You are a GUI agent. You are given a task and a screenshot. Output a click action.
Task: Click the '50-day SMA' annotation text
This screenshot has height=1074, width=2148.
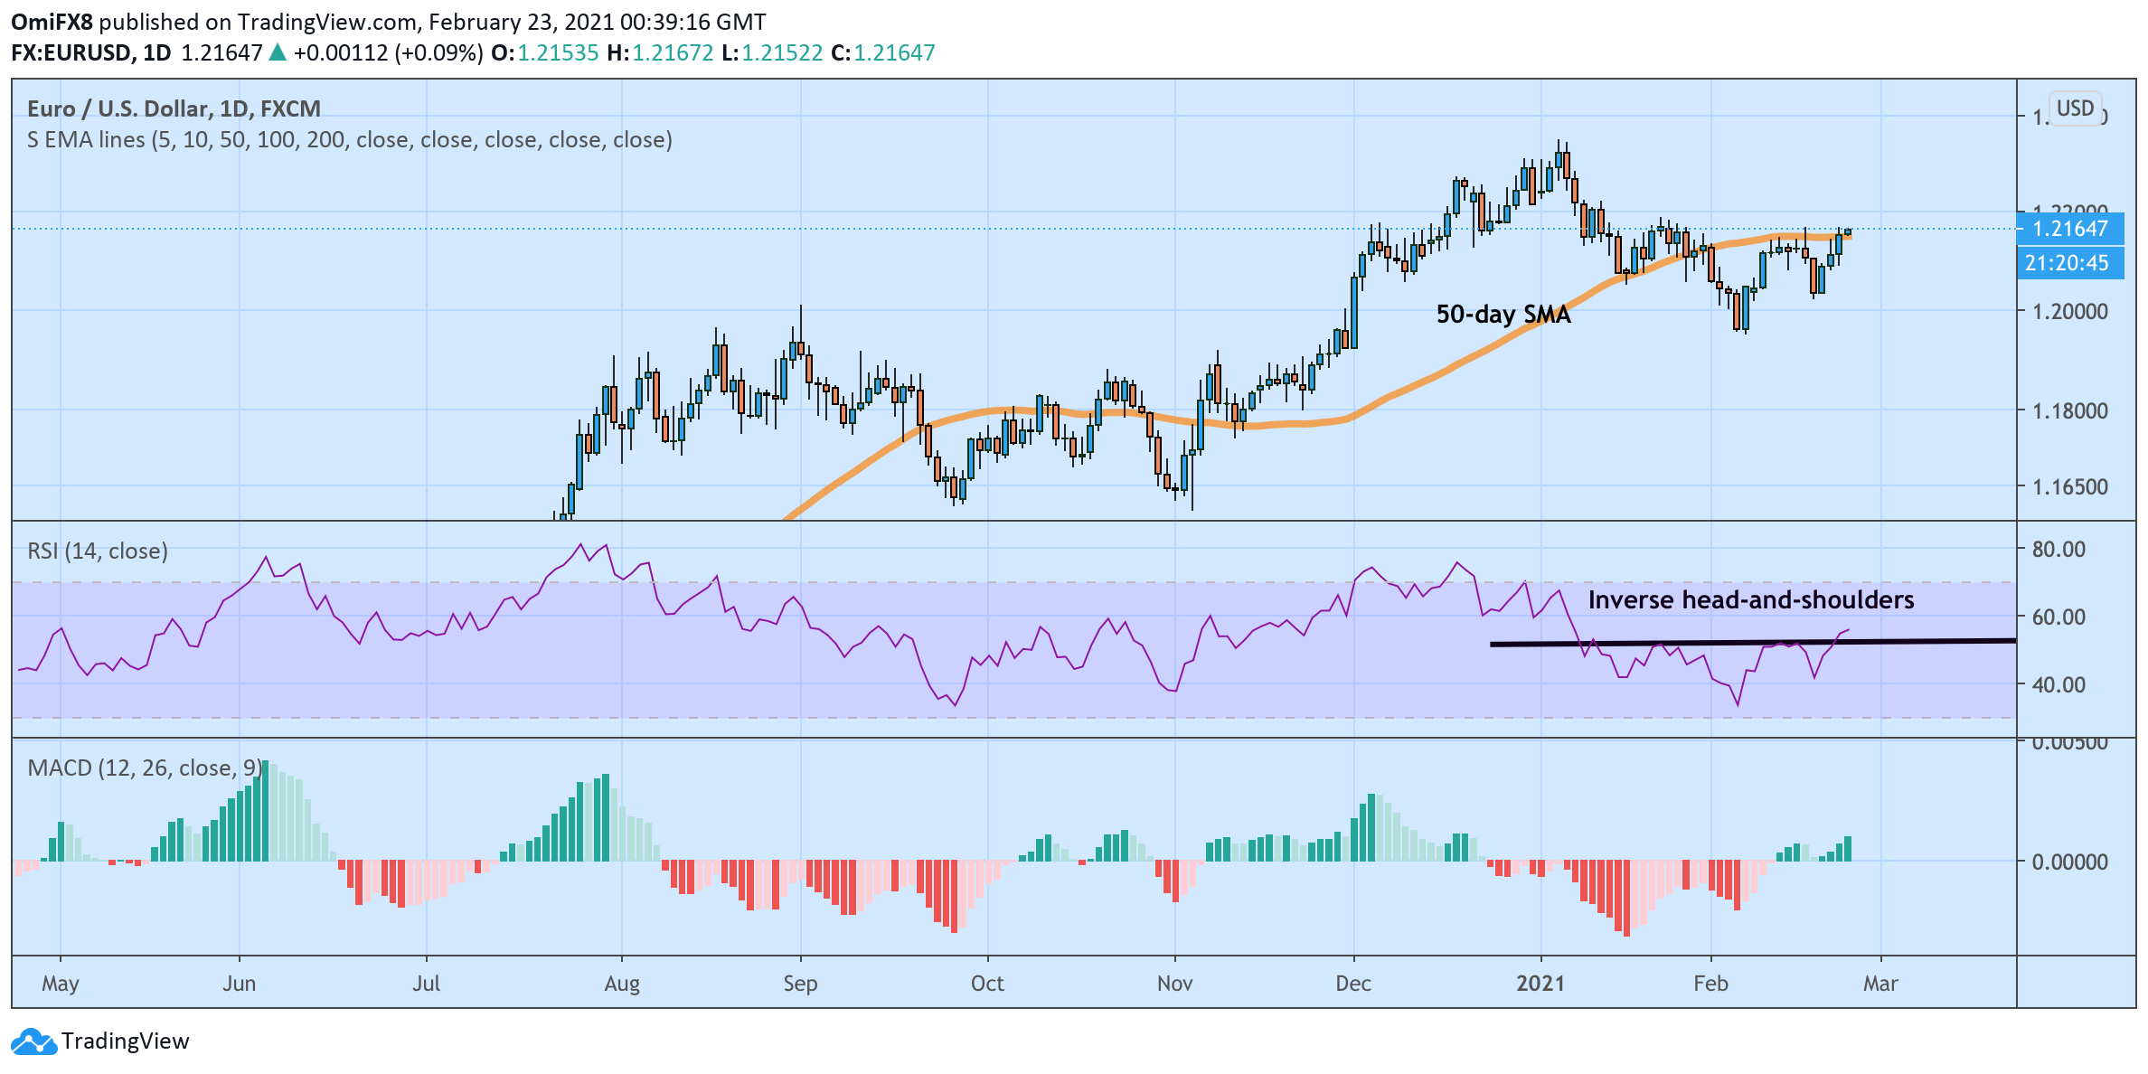1503,315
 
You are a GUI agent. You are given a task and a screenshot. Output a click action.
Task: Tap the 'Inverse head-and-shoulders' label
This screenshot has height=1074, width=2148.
1750,600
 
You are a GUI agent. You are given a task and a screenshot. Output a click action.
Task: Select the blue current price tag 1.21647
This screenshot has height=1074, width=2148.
2069,229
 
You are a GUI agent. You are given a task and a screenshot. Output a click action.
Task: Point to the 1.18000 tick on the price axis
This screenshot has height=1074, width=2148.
2069,411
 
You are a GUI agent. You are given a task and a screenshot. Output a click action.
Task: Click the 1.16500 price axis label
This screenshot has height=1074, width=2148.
2069,487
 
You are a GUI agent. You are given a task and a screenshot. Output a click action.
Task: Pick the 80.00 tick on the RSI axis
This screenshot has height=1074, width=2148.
2058,550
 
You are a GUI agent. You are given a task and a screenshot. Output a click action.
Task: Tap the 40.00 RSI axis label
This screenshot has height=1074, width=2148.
2058,685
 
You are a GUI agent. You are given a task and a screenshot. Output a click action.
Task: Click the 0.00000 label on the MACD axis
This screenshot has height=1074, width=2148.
2069,862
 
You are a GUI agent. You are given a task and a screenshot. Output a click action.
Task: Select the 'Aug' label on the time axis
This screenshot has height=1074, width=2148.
622,984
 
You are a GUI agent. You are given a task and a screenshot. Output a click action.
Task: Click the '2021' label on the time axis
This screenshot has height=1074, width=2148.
1540,984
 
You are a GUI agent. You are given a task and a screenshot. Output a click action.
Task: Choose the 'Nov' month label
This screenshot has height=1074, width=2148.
1174,984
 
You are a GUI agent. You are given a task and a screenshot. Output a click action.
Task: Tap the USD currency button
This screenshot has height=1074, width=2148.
2075,108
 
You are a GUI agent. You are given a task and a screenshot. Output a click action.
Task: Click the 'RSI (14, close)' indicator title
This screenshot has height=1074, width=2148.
98,551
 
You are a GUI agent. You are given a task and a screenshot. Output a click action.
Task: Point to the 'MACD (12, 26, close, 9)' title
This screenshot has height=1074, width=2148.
145,768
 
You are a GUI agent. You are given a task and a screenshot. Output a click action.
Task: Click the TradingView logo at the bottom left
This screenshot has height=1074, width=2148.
100,1041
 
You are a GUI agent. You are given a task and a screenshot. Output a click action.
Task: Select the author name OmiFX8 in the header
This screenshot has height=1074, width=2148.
52,22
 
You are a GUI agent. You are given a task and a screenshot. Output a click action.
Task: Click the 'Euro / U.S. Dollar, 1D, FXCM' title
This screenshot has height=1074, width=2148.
174,109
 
